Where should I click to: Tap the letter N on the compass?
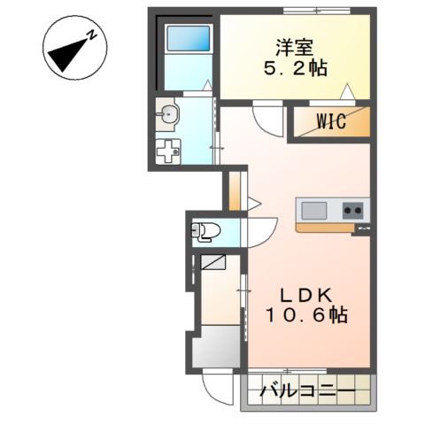[91, 34]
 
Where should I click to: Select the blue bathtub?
[189, 40]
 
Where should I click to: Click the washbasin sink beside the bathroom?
[170, 112]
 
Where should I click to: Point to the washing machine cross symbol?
[167, 151]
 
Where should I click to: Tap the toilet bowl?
[205, 232]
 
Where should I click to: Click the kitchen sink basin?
[314, 211]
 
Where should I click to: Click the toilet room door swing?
[256, 232]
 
